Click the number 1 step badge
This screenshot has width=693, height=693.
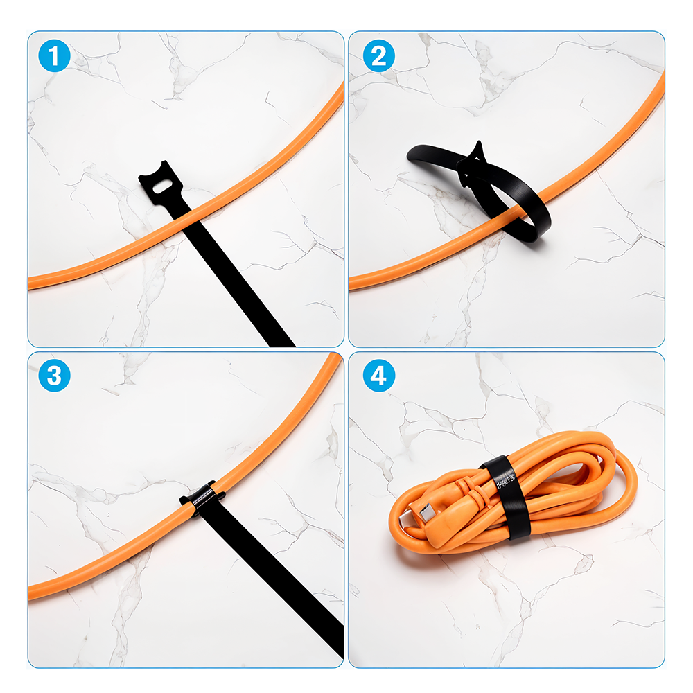55,56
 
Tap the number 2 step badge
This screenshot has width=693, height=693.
378,56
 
